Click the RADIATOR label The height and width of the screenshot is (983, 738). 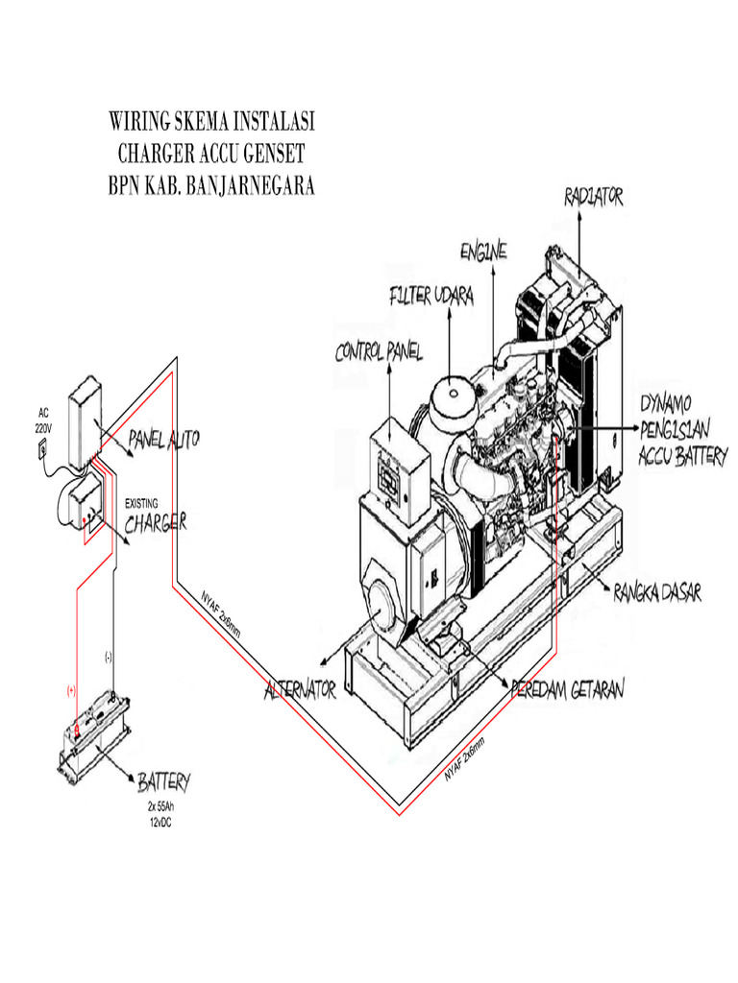pos(594,197)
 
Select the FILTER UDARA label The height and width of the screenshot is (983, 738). pos(431,297)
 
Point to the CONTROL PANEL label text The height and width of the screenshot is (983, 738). pos(379,353)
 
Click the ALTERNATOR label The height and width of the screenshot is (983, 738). pos(299,690)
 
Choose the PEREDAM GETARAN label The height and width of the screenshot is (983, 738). pos(568,689)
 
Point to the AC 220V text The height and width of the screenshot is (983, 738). pos(44,420)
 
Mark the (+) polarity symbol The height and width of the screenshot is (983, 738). pos(71,690)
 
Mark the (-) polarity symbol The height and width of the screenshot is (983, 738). pos(109,658)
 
